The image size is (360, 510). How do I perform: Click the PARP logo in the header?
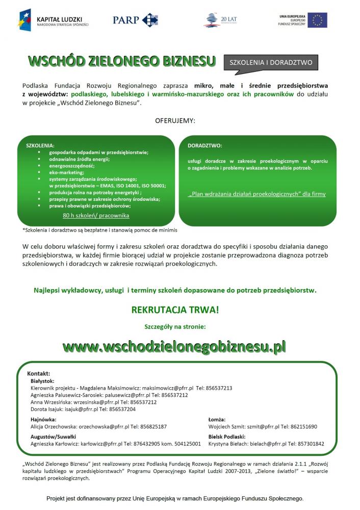click(135, 20)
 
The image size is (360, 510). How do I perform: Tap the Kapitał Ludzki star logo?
click(24, 20)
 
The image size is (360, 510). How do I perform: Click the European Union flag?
click(317, 20)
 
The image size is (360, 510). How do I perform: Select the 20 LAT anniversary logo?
click(220, 20)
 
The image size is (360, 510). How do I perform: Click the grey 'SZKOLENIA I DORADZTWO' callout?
click(271, 63)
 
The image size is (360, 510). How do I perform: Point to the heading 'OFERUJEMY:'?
click(175, 121)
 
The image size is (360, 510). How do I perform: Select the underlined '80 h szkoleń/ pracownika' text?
click(96, 216)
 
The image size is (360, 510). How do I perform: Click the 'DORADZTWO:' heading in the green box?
click(205, 145)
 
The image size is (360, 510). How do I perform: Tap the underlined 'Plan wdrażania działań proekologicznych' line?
click(256, 194)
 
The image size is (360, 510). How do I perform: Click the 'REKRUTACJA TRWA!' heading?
click(175, 310)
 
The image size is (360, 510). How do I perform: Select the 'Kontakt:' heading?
click(38, 373)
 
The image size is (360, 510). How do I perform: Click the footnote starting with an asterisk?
click(99, 230)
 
